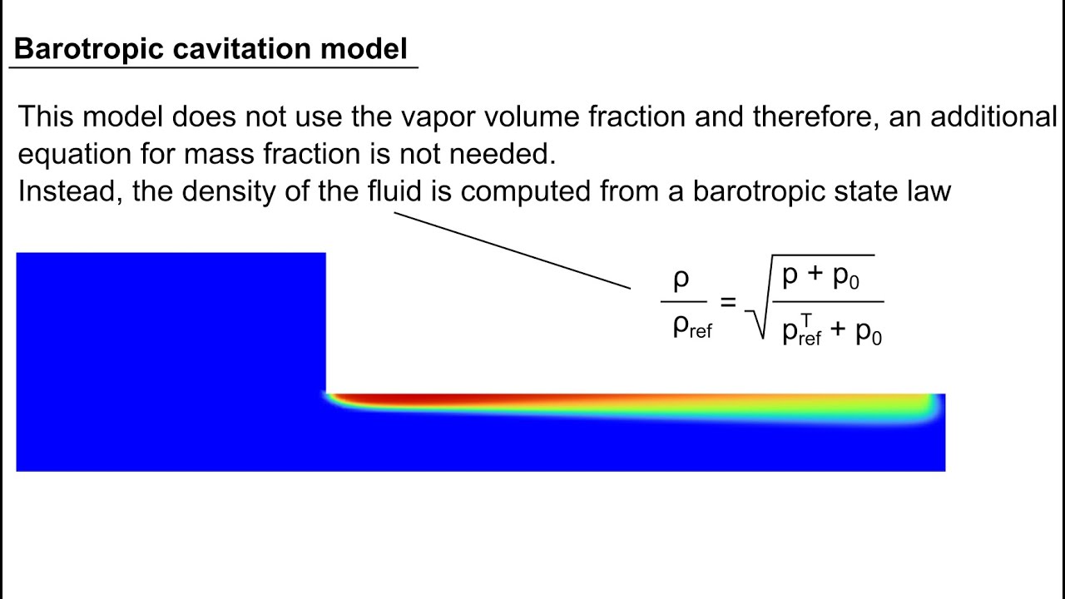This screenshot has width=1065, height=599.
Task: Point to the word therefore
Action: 815,117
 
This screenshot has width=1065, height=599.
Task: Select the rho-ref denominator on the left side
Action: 691,328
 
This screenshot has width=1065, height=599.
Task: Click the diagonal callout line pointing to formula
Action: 512,250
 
